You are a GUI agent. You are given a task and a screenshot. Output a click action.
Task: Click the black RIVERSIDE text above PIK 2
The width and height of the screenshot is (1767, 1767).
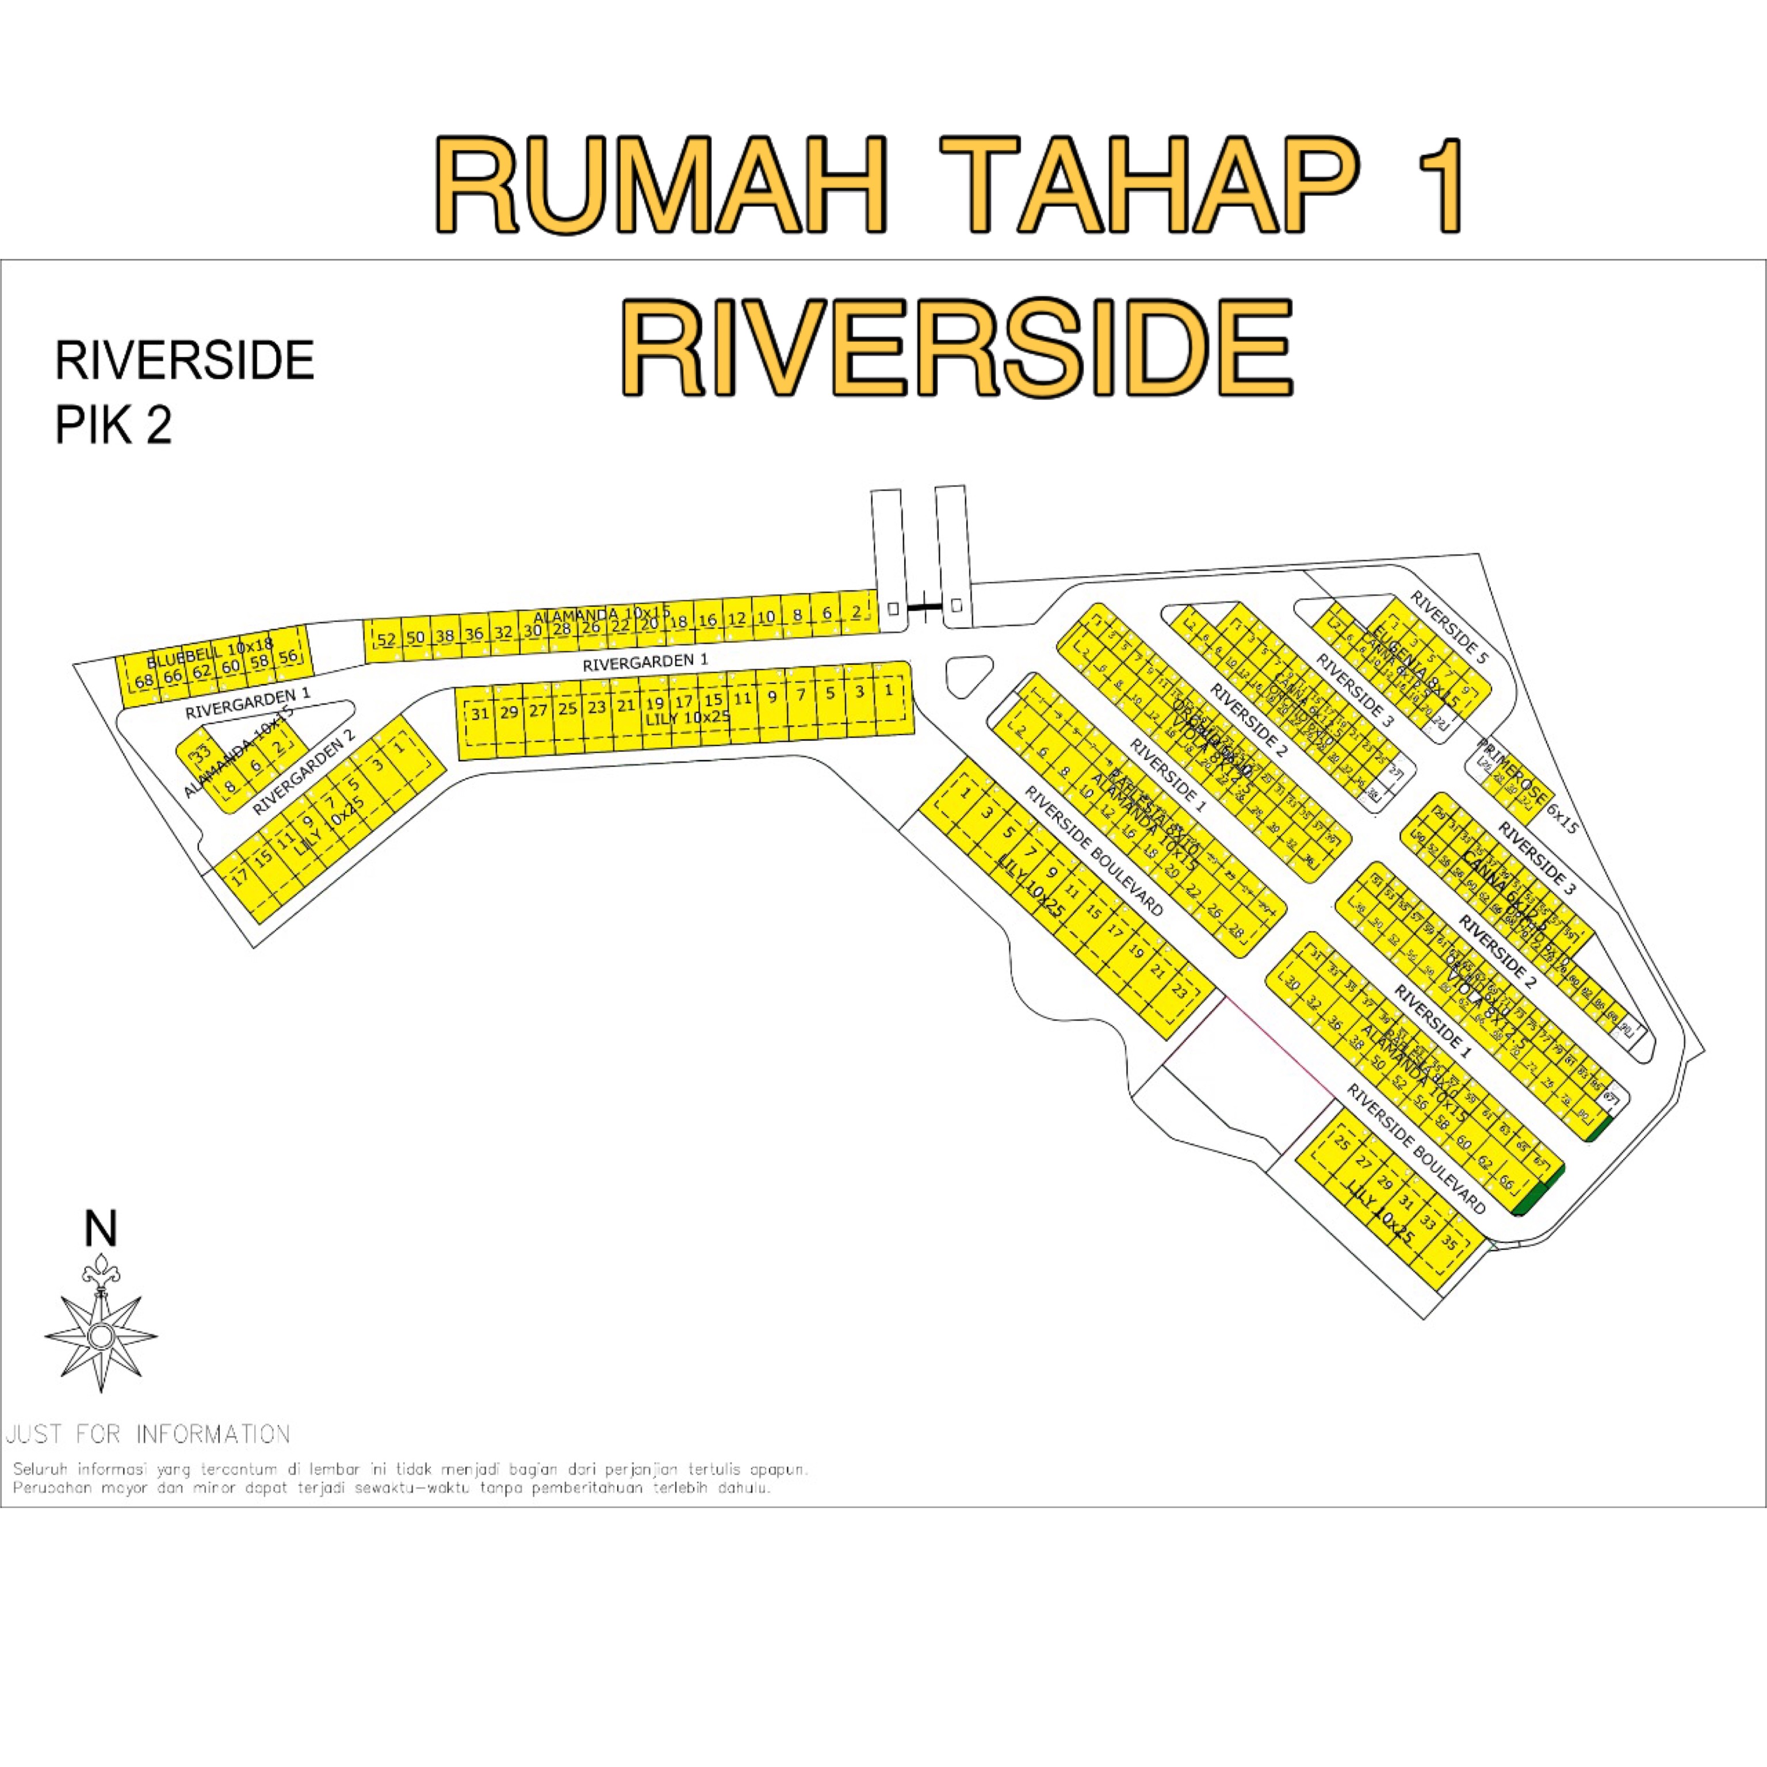coord(185,360)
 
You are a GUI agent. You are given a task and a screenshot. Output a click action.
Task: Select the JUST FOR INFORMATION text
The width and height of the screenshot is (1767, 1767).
coord(148,1433)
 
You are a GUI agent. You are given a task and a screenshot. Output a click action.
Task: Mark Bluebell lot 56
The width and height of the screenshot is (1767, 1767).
coord(288,657)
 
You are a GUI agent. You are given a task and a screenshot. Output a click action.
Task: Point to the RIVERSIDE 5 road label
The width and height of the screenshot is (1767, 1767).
coord(1449,626)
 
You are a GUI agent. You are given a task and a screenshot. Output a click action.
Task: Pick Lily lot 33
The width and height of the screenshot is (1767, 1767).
coord(1428,1222)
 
